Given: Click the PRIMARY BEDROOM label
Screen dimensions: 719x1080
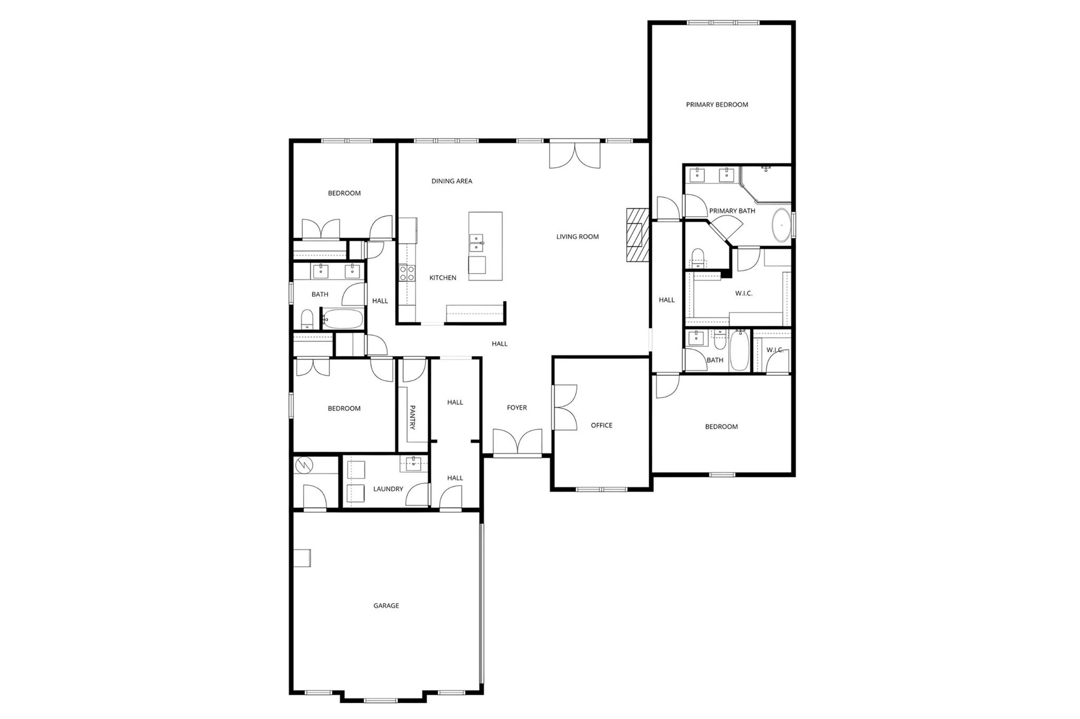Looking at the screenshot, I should tap(717, 104).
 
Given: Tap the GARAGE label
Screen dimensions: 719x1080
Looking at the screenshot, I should tap(386, 606).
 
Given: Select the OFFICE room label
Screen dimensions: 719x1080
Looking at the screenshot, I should tap(601, 425).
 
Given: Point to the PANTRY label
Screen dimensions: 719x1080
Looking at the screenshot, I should tap(413, 417).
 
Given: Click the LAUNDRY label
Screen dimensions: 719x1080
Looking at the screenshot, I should tap(388, 489).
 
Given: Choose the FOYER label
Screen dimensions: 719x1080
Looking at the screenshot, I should tap(517, 407).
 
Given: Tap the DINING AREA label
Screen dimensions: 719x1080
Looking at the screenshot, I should tap(451, 181).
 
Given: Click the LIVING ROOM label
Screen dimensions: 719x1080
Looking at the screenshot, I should tap(577, 237).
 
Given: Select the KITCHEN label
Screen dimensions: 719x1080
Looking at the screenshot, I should tap(442, 278).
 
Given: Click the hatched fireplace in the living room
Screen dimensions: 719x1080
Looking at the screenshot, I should tap(637, 235).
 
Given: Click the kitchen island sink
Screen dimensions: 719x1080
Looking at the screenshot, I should tap(476, 242).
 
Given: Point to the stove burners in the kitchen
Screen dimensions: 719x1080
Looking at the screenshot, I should tap(407, 273).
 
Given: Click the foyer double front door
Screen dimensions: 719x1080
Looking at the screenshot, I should tap(517, 442).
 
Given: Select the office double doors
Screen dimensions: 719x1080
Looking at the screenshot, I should tap(564, 407).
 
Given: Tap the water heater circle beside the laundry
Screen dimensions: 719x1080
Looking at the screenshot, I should tap(305, 465).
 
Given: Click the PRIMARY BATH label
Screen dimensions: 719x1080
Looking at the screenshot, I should tap(732, 211).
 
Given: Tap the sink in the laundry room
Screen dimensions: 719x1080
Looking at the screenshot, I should tap(413, 464).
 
